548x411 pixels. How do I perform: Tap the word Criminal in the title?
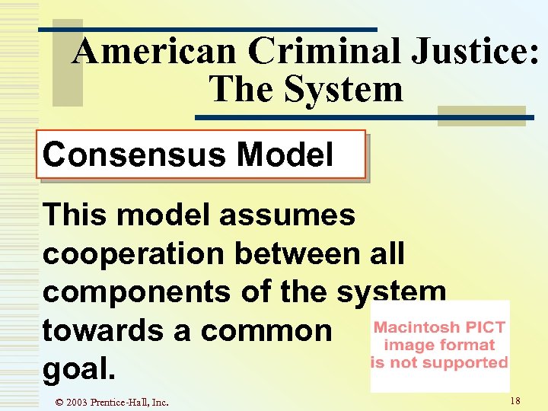click(x=320, y=52)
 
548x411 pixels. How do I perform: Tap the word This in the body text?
click(x=73, y=215)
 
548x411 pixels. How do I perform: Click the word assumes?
click(x=287, y=216)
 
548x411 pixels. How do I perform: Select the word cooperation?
click(x=134, y=253)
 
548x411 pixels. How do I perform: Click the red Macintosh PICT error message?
click(x=439, y=345)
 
